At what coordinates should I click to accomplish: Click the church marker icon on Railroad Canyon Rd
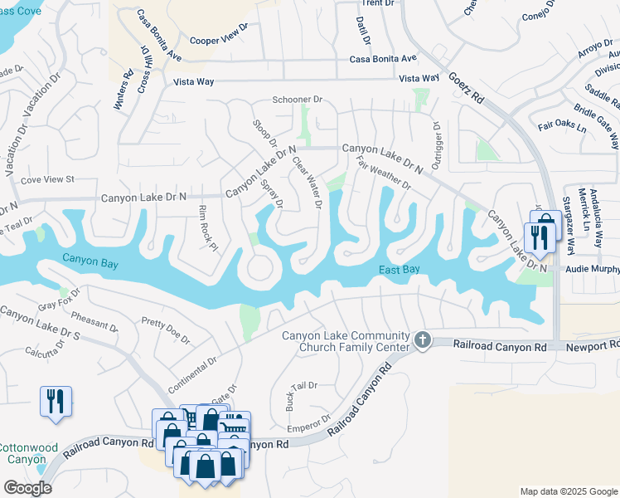click(x=423, y=339)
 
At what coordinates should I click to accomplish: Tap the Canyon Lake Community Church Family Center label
click(x=346, y=341)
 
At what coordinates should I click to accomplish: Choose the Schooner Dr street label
click(x=298, y=100)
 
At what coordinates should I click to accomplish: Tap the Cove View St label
click(x=47, y=179)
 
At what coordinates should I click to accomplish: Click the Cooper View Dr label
click(x=219, y=39)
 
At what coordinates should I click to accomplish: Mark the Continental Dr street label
click(x=192, y=375)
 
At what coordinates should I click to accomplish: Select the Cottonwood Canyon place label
click(x=28, y=453)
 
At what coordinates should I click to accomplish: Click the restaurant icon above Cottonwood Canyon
click(x=56, y=401)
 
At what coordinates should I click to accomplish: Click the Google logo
click(x=27, y=488)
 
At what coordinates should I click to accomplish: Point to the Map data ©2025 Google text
click(x=567, y=491)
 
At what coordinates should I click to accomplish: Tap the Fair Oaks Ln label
click(x=561, y=127)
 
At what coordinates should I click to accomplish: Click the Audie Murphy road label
click(x=592, y=270)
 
